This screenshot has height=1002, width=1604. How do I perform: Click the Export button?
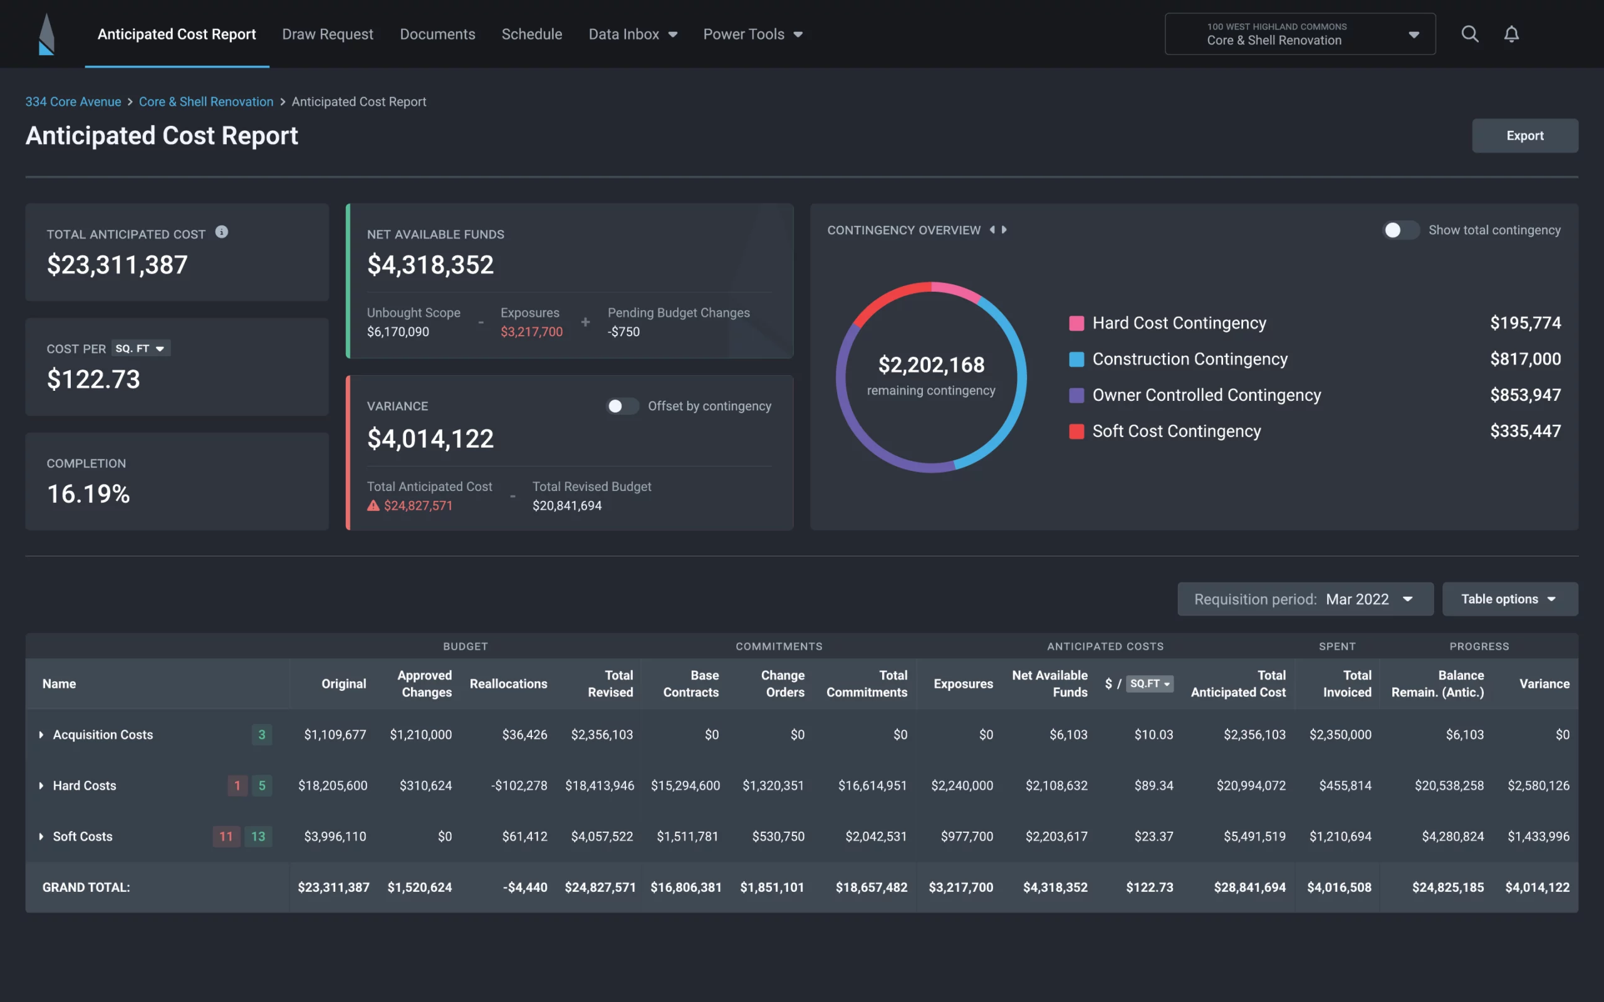point(1524,136)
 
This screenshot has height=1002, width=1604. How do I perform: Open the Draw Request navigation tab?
point(328,34)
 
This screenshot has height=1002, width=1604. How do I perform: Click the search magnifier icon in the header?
point(1469,34)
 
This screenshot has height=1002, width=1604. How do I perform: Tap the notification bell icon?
point(1511,34)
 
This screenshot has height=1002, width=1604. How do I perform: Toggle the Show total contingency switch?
point(1400,230)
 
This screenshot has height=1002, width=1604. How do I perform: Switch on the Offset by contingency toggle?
point(622,406)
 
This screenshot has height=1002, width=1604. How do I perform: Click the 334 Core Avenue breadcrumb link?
point(73,102)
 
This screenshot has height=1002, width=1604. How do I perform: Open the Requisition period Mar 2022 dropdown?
point(1305,599)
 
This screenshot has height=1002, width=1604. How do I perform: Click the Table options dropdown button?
point(1509,599)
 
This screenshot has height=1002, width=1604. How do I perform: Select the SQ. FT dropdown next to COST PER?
point(140,349)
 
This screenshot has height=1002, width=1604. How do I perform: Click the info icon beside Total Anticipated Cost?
point(222,232)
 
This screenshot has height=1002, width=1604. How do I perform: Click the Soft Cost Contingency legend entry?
point(1176,431)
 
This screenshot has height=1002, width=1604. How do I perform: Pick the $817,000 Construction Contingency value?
point(1524,359)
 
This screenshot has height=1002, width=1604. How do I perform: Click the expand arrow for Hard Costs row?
point(41,785)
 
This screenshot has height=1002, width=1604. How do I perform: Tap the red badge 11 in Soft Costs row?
point(226,836)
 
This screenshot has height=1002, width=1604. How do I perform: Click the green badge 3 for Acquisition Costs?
point(262,734)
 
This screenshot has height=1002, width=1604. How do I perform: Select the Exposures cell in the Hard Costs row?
point(962,785)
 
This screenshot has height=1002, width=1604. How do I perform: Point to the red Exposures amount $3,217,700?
point(531,332)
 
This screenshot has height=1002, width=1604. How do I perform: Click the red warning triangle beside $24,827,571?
point(373,505)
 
